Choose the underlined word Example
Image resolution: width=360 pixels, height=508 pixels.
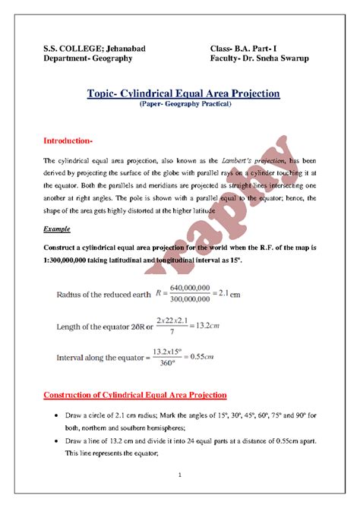[57, 228]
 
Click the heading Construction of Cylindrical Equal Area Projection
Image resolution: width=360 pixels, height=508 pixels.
[134, 395]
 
